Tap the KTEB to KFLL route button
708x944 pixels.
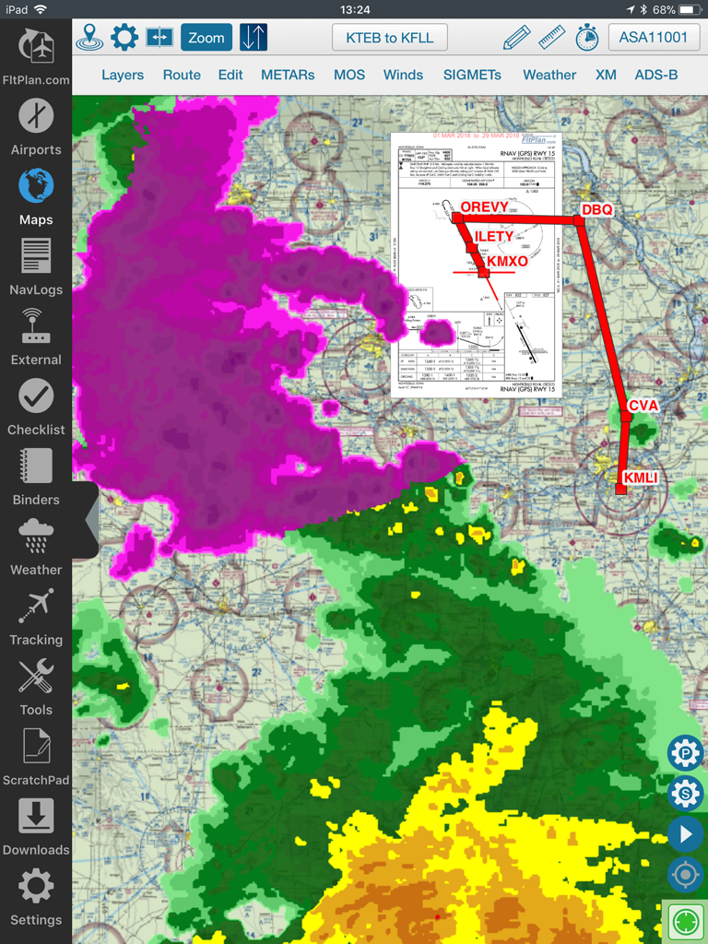[x=389, y=38]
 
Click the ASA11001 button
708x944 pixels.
[x=654, y=38]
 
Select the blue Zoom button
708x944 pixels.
[x=206, y=38]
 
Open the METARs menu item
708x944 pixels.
[x=288, y=75]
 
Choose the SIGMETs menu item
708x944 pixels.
[x=472, y=75]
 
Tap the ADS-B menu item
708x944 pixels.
[x=655, y=75]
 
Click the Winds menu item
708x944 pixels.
[x=403, y=75]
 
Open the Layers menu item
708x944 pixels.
[x=123, y=75]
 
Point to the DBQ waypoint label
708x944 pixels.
[x=596, y=210]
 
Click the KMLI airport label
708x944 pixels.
[x=641, y=478]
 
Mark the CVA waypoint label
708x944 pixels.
[x=643, y=406]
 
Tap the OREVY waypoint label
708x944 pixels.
[x=484, y=207]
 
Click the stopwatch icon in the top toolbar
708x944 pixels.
[x=587, y=38]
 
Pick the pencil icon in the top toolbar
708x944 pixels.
[x=517, y=38]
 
